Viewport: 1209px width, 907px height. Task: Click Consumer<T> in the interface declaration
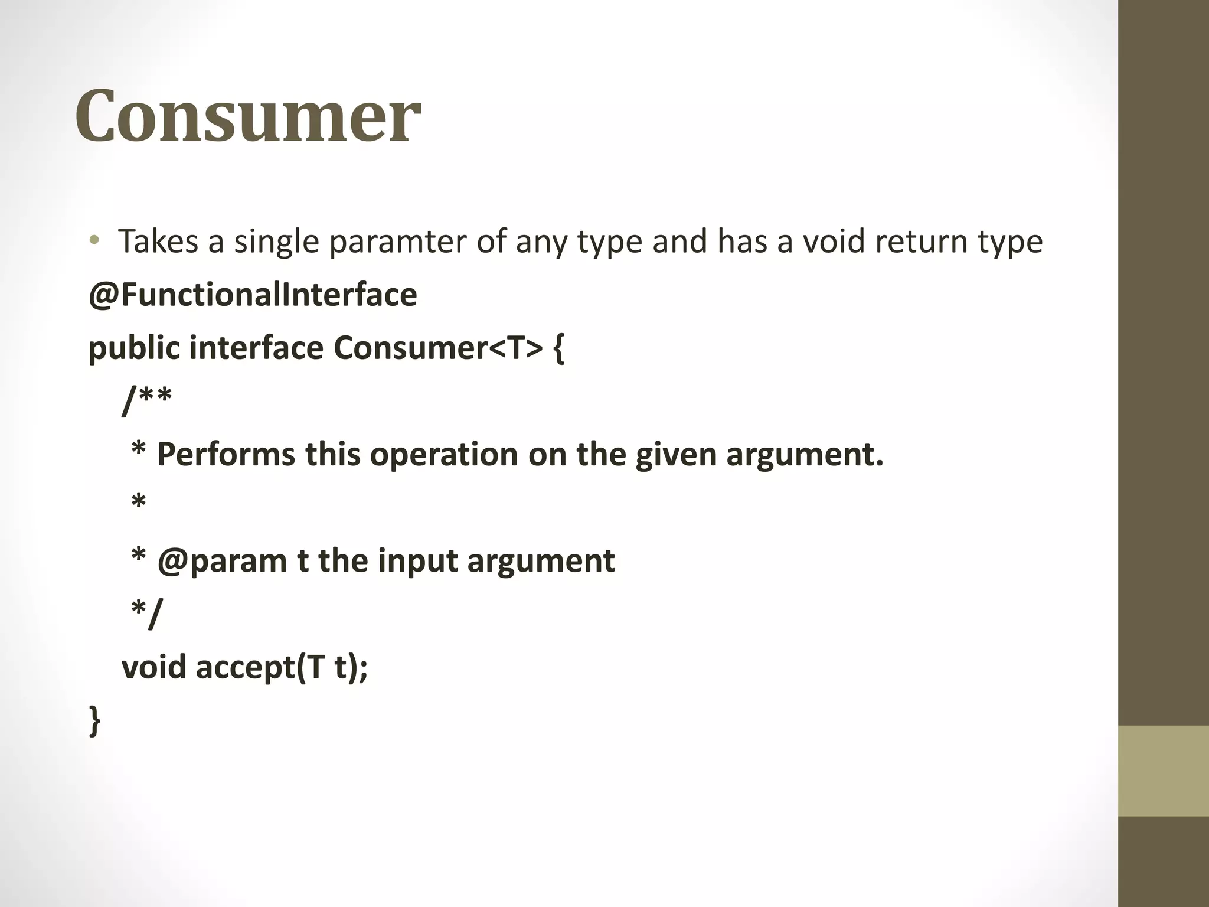click(437, 347)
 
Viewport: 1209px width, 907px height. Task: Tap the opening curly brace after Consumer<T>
click(558, 348)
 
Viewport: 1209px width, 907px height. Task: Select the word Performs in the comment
click(226, 455)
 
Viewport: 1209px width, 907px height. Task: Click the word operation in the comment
click(443, 455)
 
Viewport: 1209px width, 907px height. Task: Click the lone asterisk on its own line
click(138, 504)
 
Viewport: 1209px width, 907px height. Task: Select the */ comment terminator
click(146, 613)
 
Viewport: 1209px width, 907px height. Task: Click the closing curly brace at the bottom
click(94, 720)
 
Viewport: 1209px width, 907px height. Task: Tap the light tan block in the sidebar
click(1164, 771)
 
